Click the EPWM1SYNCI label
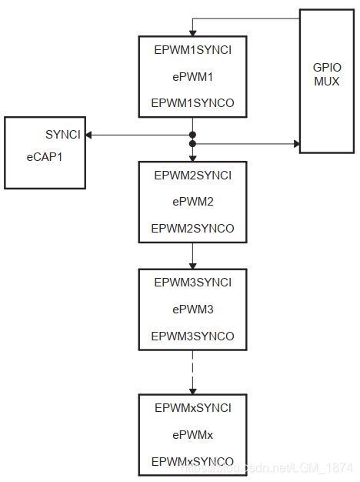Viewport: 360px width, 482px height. [x=192, y=50]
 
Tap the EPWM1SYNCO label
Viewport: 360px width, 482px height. [x=192, y=102]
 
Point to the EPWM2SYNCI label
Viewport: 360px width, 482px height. [x=192, y=176]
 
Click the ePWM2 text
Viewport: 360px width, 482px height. [x=192, y=202]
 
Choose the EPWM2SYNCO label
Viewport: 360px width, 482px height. [x=192, y=228]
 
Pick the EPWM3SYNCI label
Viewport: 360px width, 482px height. [x=192, y=283]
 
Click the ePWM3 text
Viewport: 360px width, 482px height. [x=192, y=309]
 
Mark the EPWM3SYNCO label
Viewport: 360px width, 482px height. [x=192, y=336]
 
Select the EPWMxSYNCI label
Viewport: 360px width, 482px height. [x=192, y=408]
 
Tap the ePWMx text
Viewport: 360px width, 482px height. [x=192, y=434]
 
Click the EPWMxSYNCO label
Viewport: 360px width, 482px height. [x=192, y=460]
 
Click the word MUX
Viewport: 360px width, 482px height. [x=327, y=81]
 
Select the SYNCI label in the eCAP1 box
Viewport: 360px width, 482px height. [x=62, y=135]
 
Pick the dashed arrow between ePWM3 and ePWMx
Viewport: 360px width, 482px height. [x=192, y=373]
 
